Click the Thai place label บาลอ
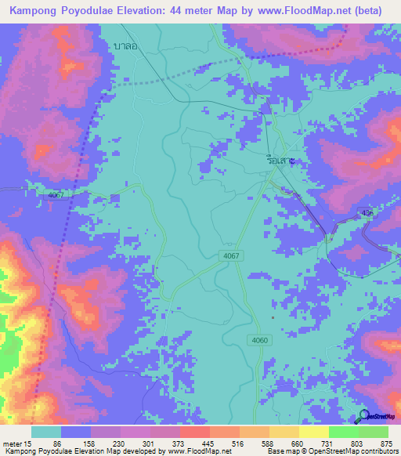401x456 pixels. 125,46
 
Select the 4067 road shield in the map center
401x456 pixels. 230,255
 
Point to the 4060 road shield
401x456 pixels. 261,339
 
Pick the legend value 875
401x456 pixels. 387,443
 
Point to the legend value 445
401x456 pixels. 208,443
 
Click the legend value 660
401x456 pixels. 298,443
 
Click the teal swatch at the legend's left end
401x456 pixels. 45,432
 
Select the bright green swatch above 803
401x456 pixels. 343,432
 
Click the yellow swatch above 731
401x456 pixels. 313,432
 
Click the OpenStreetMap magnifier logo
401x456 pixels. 362,416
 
